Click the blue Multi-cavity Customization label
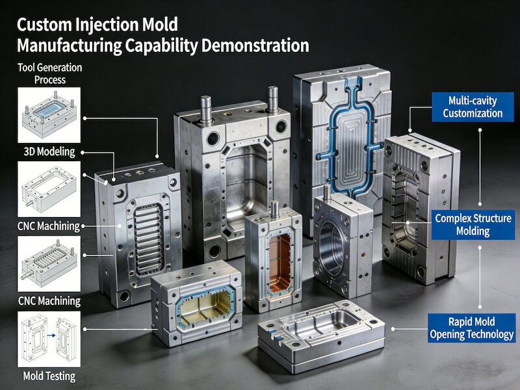click(x=473, y=107)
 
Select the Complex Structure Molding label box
click(x=473, y=224)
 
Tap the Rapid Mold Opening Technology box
click(x=472, y=328)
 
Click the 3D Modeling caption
click(x=49, y=152)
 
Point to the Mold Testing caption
click(x=49, y=376)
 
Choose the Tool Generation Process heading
click(x=50, y=73)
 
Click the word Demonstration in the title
click(x=255, y=45)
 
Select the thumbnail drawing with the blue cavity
click(x=49, y=115)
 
